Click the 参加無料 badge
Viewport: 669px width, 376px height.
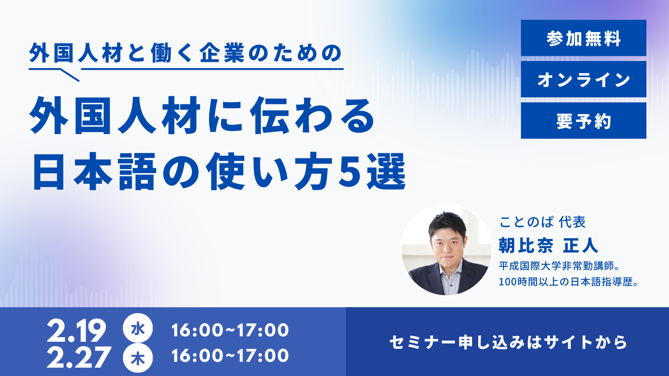coord(584,38)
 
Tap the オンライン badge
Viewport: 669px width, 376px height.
coord(584,79)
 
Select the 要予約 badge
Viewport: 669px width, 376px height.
coord(584,121)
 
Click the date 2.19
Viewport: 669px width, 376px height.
coord(77,331)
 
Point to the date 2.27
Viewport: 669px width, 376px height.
coord(79,357)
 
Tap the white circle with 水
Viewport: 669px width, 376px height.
coord(138,328)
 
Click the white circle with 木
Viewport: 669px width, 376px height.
coord(138,358)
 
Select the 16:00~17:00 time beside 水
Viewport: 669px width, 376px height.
coord(230,330)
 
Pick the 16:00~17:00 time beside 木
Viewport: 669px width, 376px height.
coord(230,356)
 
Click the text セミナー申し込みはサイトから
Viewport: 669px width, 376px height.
coord(508,342)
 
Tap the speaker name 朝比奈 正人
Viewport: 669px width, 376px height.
coord(548,246)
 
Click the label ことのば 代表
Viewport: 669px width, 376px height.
coord(542,222)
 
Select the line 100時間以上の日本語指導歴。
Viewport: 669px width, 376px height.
coord(568,282)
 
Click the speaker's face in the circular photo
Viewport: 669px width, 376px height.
coord(447,242)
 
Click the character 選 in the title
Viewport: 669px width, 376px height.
coord(386,171)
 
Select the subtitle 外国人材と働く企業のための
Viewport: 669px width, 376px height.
coord(186,53)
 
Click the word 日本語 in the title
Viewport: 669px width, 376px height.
coord(95,172)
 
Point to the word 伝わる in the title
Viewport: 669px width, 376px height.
coord(313,115)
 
